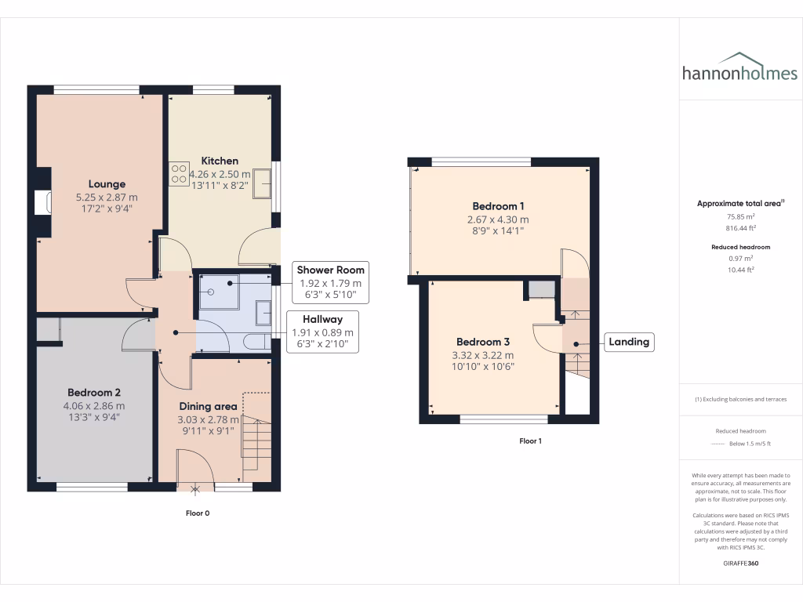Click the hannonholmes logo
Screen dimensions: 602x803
click(x=739, y=68)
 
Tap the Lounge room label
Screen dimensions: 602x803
click(x=107, y=184)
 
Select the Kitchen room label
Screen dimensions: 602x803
click(x=219, y=161)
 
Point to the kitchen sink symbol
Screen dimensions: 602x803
click(x=262, y=183)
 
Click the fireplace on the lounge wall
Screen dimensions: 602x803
click(x=43, y=203)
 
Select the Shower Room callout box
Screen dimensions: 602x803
click(x=330, y=282)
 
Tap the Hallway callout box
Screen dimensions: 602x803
click(x=322, y=332)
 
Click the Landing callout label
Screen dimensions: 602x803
click(x=628, y=342)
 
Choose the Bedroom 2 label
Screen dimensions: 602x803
click(x=93, y=392)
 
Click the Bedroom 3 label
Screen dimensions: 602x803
click(x=483, y=342)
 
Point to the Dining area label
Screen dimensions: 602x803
click(x=208, y=406)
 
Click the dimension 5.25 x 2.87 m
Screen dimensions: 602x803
click(x=107, y=198)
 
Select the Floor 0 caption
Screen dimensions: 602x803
click(x=196, y=513)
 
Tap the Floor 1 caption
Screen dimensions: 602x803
click(x=530, y=441)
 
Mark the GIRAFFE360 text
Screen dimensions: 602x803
click(x=740, y=563)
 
